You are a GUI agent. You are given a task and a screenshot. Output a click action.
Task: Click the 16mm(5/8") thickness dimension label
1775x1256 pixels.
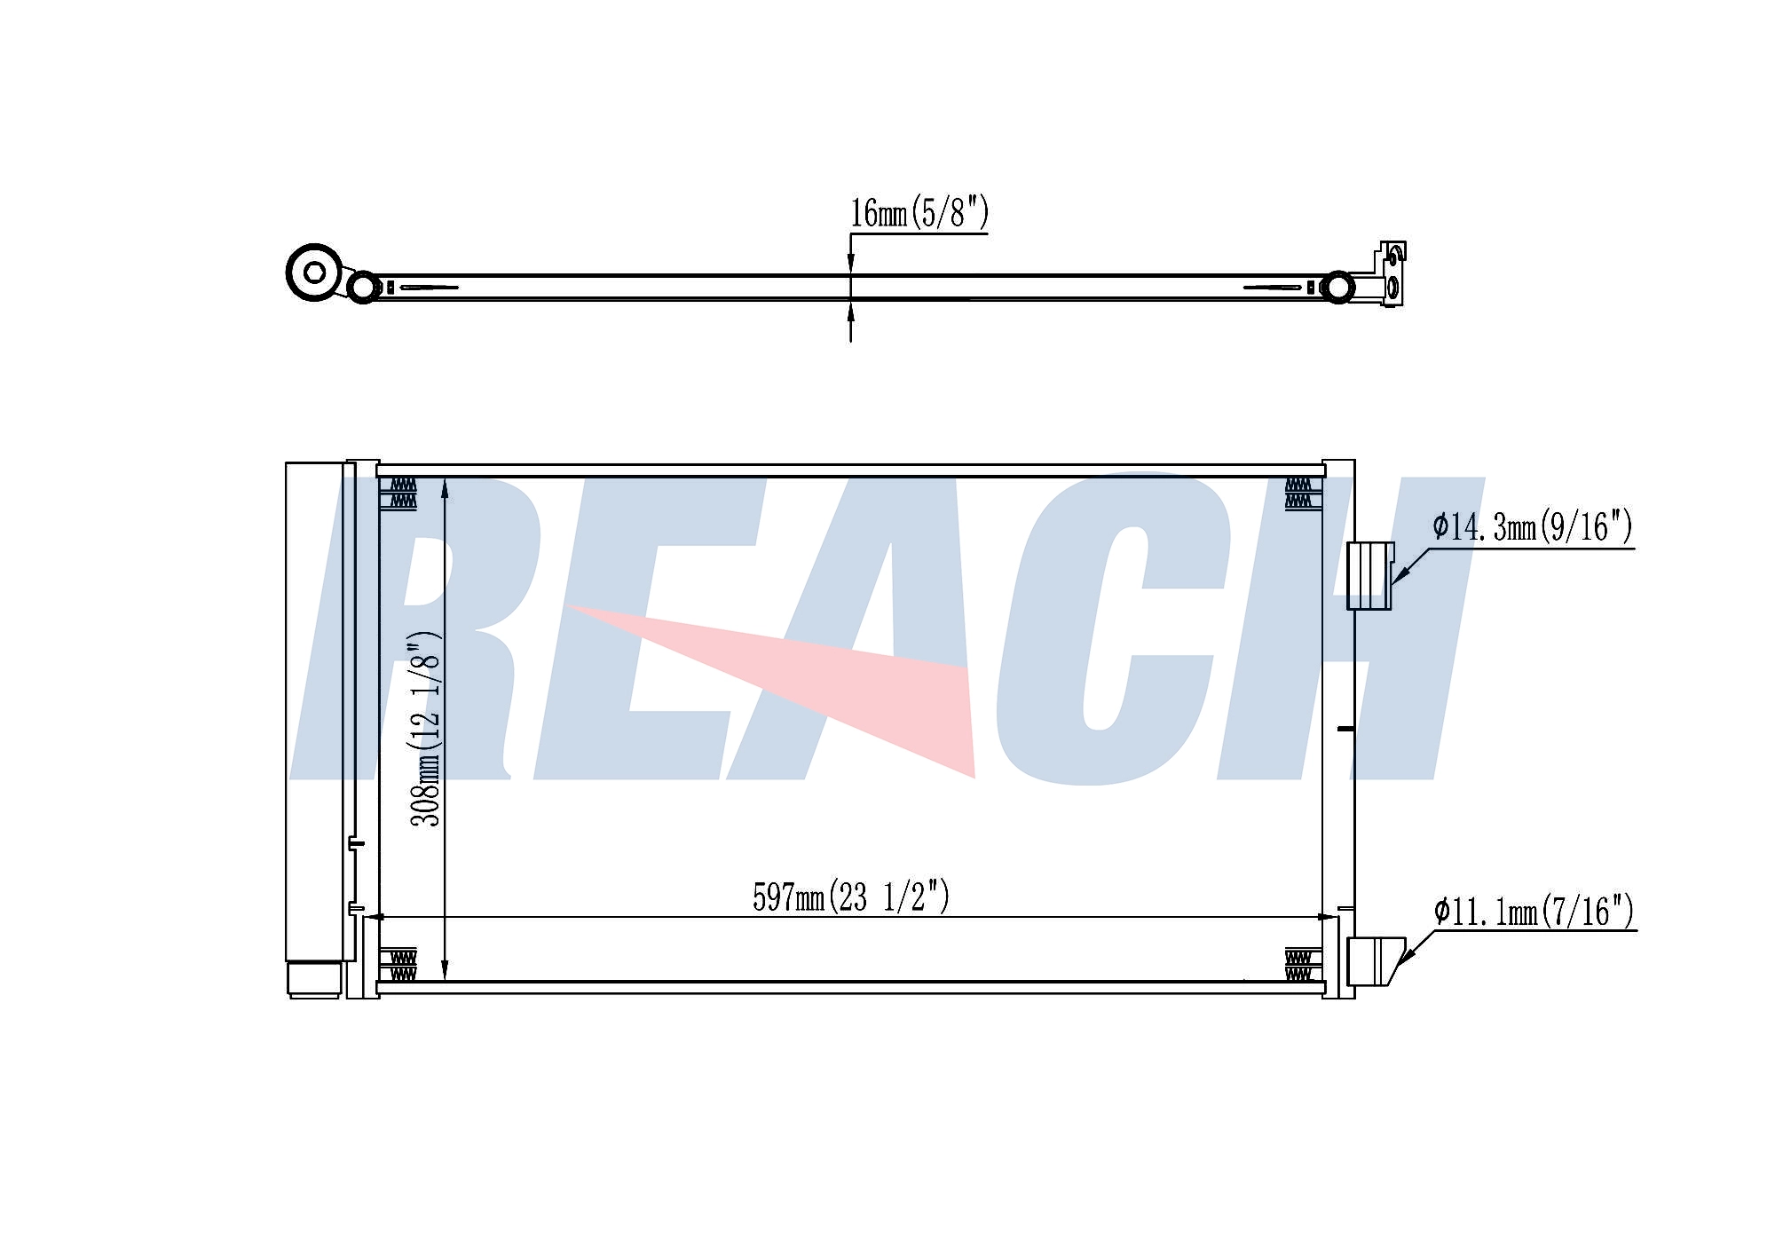click(919, 213)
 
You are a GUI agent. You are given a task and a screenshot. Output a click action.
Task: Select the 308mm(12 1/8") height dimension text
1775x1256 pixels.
click(425, 729)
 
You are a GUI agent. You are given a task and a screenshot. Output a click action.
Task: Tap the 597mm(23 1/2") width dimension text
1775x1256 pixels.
click(851, 897)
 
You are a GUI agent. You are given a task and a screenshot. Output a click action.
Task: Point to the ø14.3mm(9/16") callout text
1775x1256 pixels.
click(1533, 526)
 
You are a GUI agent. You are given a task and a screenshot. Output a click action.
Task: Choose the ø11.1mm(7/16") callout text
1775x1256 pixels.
click(1534, 911)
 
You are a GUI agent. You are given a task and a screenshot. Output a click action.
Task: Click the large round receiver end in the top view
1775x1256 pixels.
click(314, 272)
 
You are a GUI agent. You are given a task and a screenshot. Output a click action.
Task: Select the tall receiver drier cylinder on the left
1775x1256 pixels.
click(314, 711)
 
